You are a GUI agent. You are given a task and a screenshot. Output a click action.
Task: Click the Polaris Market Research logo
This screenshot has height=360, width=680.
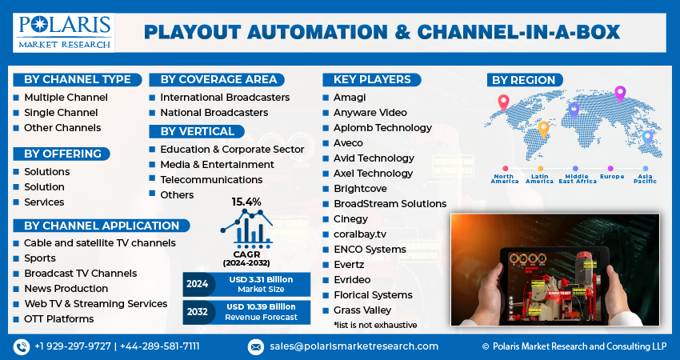pyautogui.click(x=64, y=31)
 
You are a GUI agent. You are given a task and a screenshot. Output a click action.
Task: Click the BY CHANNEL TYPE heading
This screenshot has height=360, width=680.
pyautogui.click(x=78, y=79)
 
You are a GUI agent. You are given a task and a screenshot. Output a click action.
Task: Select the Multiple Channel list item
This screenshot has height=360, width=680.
pyautogui.click(x=66, y=98)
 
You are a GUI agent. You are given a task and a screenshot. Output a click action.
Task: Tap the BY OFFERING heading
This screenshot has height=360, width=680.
pyautogui.click(x=62, y=154)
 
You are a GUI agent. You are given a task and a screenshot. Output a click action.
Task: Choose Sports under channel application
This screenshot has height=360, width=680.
pyautogui.click(x=40, y=258)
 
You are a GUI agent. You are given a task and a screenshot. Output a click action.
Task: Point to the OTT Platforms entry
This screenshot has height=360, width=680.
pyautogui.click(x=58, y=319)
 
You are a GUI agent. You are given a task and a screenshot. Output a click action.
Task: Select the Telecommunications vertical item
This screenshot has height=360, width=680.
pyautogui.click(x=211, y=179)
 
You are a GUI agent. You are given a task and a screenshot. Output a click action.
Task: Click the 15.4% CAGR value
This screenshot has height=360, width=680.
pyautogui.click(x=246, y=202)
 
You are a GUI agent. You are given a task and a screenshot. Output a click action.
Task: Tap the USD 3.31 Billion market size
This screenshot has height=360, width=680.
pyautogui.click(x=259, y=279)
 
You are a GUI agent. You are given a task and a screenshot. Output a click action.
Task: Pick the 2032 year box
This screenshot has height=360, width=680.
pyautogui.click(x=197, y=311)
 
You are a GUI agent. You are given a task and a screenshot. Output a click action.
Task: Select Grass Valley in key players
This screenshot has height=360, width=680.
pyautogui.click(x=362, y=310)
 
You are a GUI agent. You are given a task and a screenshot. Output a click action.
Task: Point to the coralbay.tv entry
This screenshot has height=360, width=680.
pyautogui.click(x=359, y=234)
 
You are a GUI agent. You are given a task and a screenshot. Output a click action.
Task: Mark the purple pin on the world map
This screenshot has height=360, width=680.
pyautogui.click(x=619, y=94)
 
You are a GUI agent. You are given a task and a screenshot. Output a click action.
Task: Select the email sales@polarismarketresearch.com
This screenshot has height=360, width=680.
pyautogui.click(x=353, y=346)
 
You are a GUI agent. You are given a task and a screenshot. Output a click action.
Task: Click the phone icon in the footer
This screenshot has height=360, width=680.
pyautogui.click(x=21, y=346)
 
